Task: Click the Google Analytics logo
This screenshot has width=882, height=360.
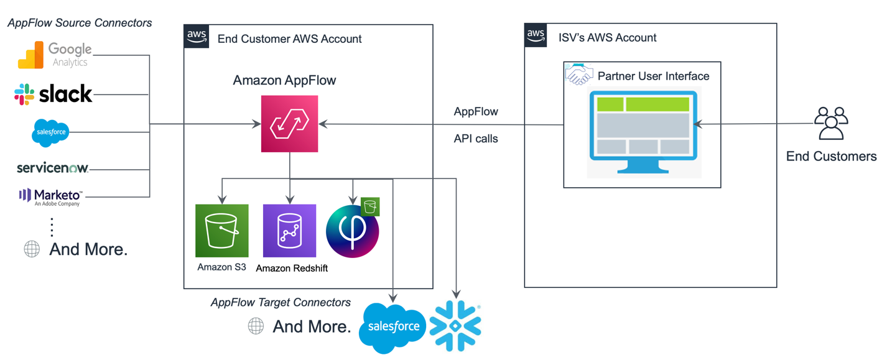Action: coord(55,55)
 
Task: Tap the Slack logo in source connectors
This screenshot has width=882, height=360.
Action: coord(53,95)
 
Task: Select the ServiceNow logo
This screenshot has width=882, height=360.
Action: coord(53,168)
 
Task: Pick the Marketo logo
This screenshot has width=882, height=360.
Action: coord(50,196)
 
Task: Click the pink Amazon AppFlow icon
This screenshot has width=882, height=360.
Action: coord(289,124)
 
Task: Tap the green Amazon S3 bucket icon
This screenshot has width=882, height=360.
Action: coord(222,231)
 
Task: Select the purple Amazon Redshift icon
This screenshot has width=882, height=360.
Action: coord(289,231)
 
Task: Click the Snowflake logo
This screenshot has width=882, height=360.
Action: coord(456,326)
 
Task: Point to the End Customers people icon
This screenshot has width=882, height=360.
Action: coord(831,124)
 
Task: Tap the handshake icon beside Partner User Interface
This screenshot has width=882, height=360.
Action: coord(578,74)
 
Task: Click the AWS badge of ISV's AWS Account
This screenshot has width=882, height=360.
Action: coord(536,35)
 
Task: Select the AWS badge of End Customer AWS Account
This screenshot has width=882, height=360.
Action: coord(197,37)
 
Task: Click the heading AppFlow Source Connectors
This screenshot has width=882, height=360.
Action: coord(80,23)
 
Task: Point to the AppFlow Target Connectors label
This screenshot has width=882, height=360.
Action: coord(281,303)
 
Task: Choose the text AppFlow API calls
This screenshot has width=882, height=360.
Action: coord(476,125)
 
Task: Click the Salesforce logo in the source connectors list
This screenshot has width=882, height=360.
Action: coord(50,132)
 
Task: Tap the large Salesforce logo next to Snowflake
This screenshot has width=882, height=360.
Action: coord(392,327)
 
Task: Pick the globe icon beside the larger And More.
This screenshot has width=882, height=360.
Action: coord(32,250)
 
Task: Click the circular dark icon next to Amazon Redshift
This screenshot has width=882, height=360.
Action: coord(352,231)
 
